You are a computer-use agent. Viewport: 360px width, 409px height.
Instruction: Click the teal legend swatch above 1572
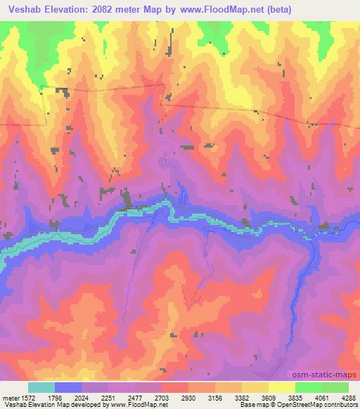pyautogui.click(x=41, y=387)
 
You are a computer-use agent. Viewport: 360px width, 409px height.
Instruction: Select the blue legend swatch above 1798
pyautogui.click(x=68, y=387)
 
